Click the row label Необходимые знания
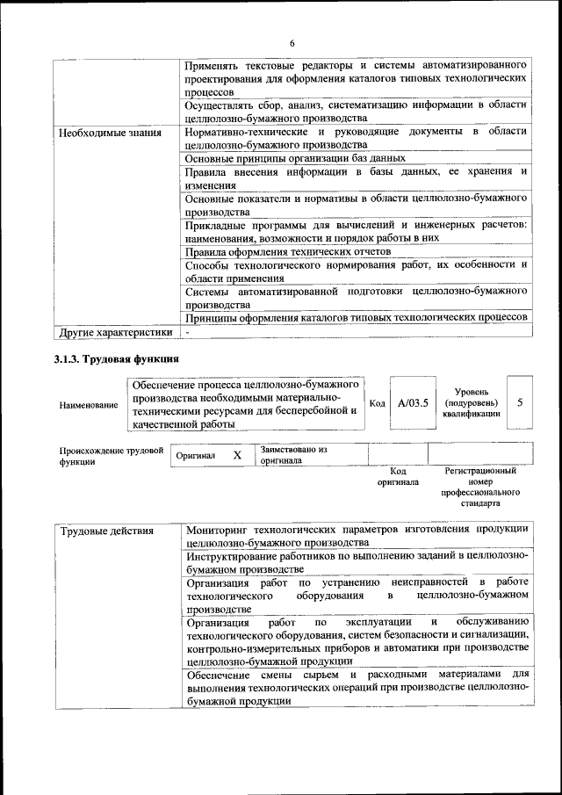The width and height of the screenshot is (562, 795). click(x=110, y=134)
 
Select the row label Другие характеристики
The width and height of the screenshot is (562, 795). click(x=114, y=333)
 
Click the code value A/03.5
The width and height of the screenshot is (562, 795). click(x=412, y=403)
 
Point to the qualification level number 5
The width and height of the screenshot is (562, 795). click(x=520, y=402)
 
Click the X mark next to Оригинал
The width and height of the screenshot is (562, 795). click(x=236, y=456)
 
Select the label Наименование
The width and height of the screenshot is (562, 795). click(x=88, y=405)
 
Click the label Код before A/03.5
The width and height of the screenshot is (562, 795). click(x=377, y=404)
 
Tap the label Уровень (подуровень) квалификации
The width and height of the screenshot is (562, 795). click(x=472, y=402)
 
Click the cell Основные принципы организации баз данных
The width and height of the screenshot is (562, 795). click(x=295, y=158)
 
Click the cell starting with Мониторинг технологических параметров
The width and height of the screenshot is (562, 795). click(x=357, y=536)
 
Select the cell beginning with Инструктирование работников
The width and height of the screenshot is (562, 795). click(x=357, y=563)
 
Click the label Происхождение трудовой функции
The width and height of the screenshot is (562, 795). click(x=112, y=455)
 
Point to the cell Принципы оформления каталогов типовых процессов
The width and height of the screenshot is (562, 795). click(x=357, y=317)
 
